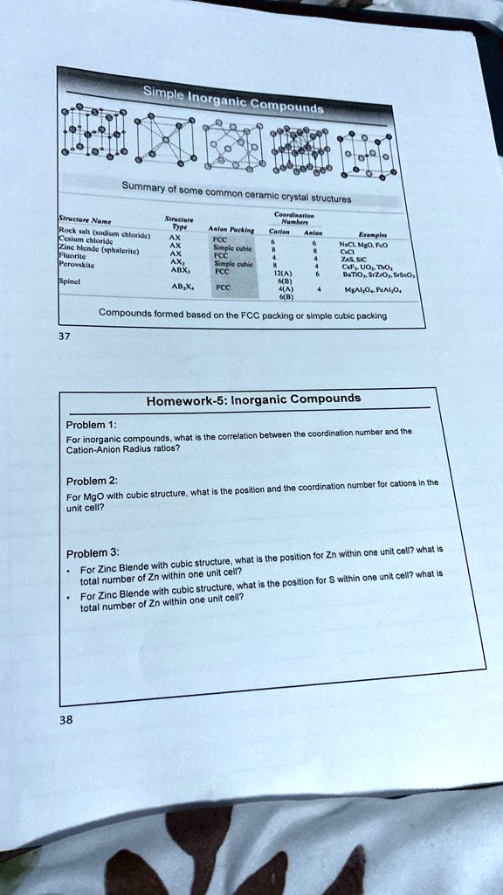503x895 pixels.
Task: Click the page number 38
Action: point(67,720)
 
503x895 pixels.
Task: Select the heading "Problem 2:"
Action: point(91,481)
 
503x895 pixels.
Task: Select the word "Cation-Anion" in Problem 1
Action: point(92,449)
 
